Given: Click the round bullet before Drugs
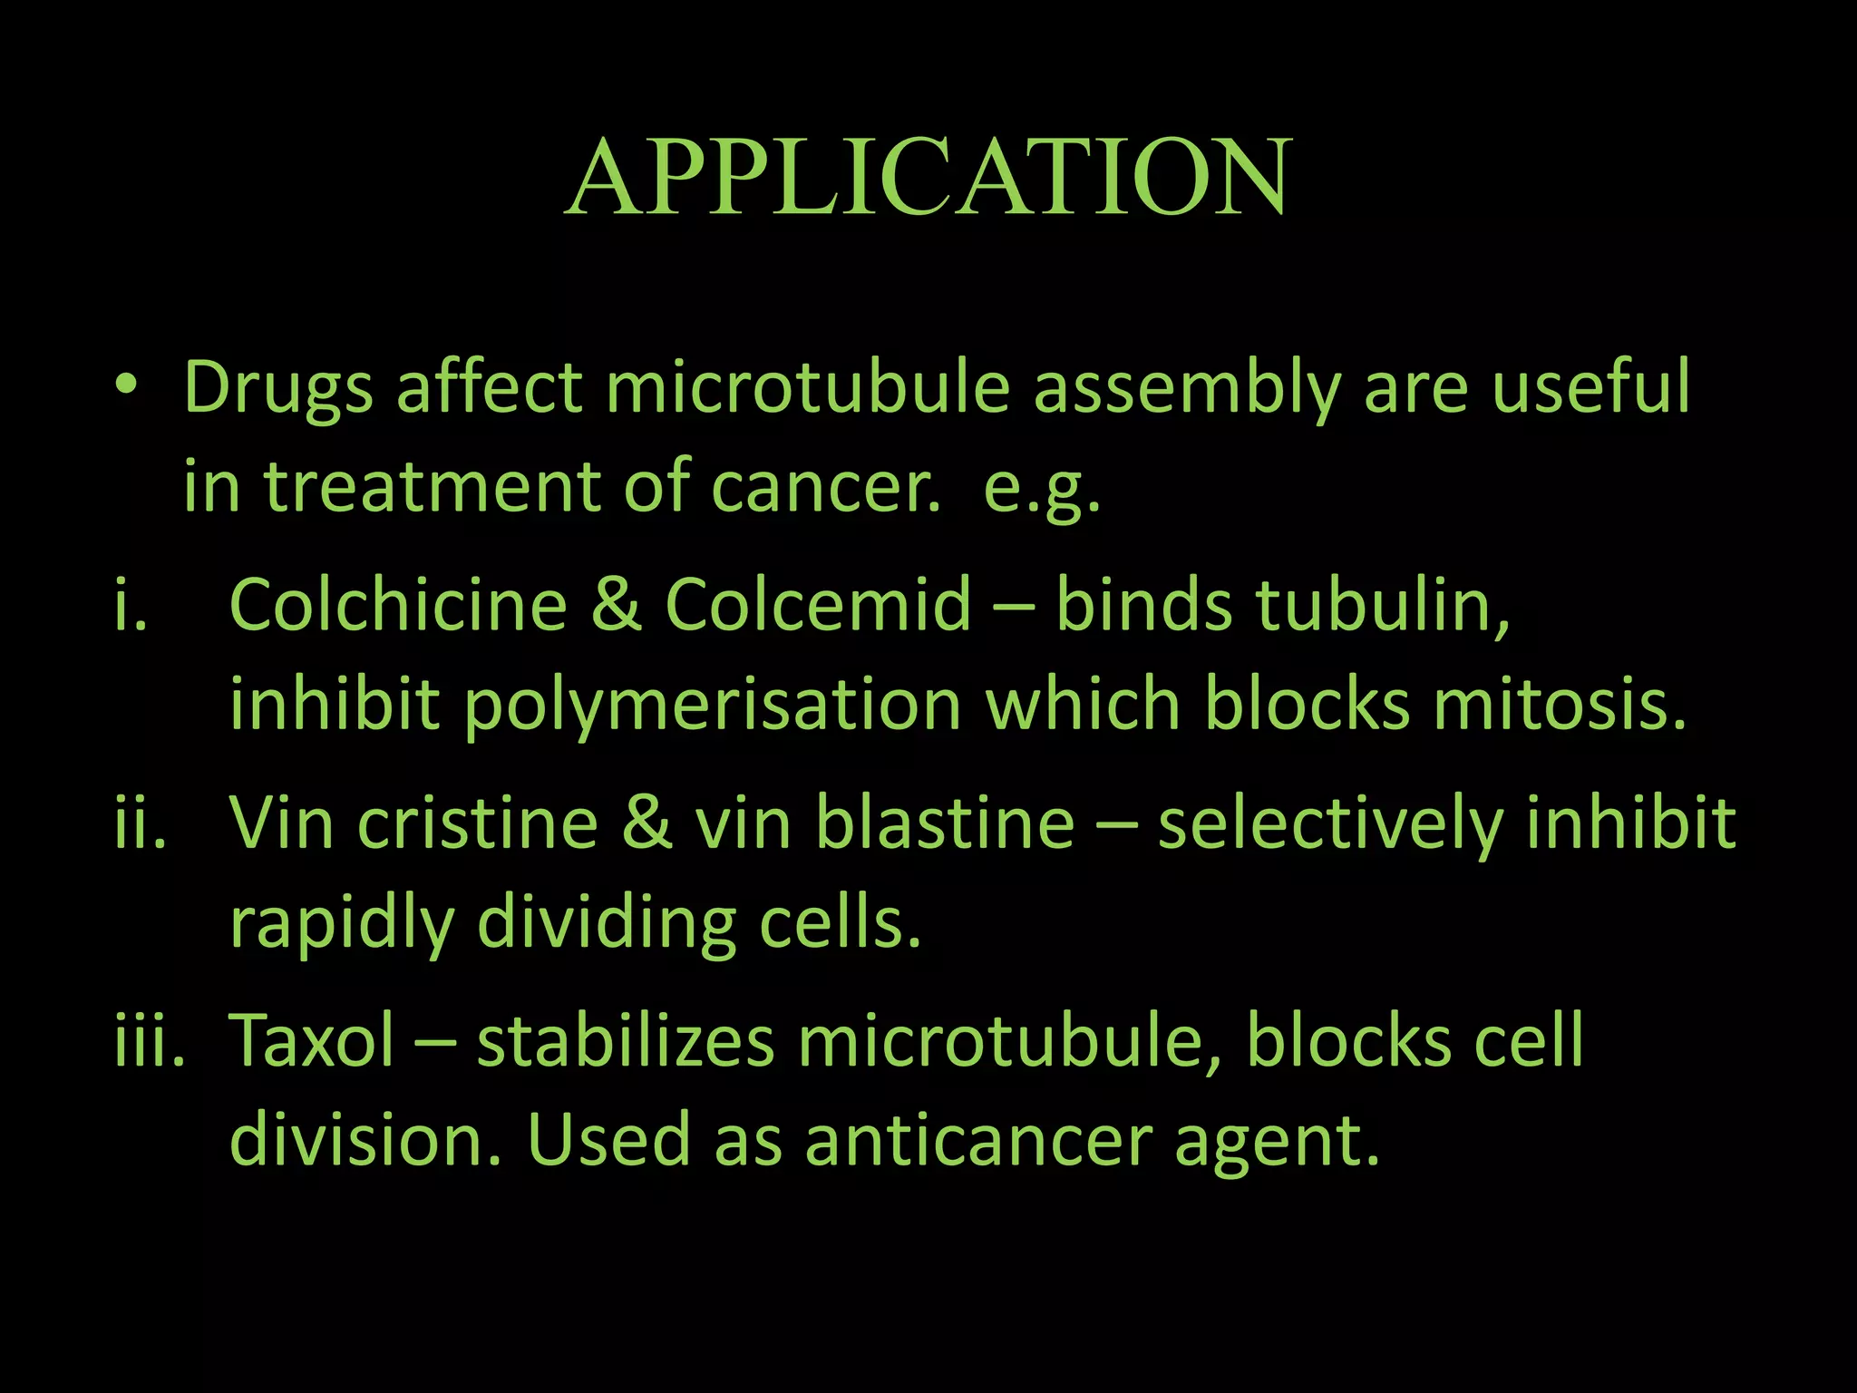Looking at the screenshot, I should click(127, 386).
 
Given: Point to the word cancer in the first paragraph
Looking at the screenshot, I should click(824, 488).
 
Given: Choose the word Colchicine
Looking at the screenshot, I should click(398, 604).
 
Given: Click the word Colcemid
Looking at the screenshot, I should click(818, 604).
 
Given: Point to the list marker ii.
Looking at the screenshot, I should click(141, 822).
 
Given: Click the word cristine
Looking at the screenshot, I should click(478, 823).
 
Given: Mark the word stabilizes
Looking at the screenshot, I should click(626, 1041).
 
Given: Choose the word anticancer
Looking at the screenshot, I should click(978, 1141).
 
